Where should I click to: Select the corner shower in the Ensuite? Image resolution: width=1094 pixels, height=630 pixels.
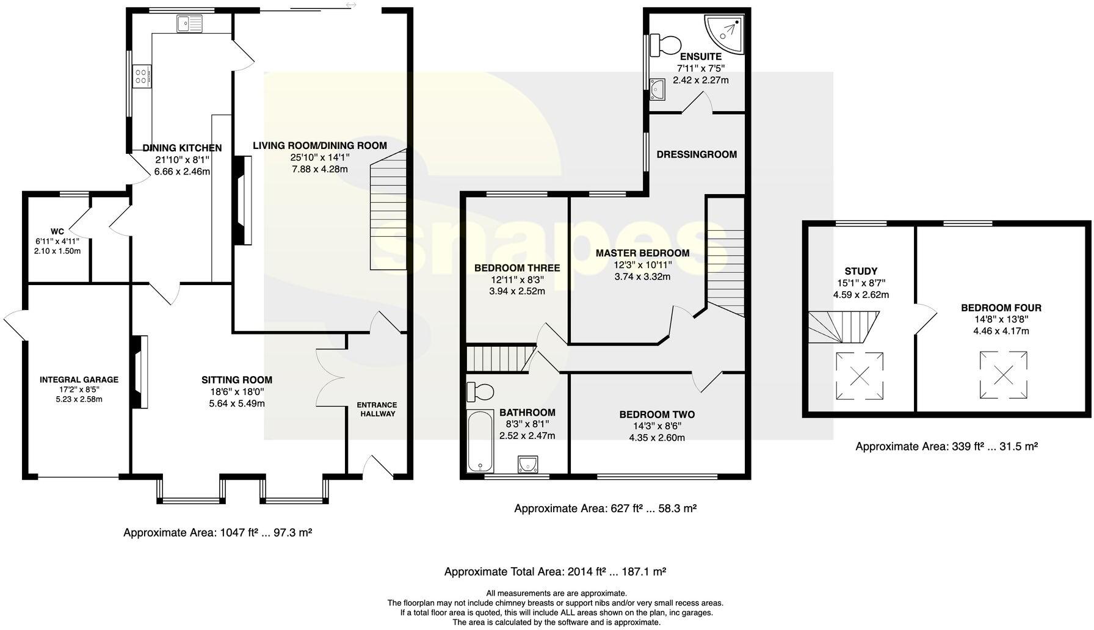pyautogui.click(x=728, y=34)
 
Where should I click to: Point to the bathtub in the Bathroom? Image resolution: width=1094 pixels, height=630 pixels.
pyautogui.click(x=480, y=441)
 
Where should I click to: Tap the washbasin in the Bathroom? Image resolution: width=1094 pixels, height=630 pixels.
pyautogui.click(x=527, y=465)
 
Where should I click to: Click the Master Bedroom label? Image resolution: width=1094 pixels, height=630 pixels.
pyautogui.click(x=642, y=253)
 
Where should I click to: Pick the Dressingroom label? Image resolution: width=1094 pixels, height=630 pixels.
pyautogui.click(x=697, y=154)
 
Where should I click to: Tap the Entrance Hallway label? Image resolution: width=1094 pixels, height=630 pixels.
pyautogui.click(x=377, y=409)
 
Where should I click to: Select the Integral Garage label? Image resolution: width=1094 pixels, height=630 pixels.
pyautogui.click(x=79, y=380)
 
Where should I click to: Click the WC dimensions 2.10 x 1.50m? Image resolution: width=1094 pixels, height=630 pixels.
pyautogui.click(x=57, y=251)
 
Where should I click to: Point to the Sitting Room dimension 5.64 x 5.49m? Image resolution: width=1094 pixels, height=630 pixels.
pyautogui.click(x=237, y=403)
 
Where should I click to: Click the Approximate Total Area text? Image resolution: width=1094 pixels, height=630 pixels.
pyautogui.click(x=554, y=572)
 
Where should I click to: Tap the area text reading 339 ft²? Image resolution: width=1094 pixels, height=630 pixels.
pyautogui.click(x=946, y=446)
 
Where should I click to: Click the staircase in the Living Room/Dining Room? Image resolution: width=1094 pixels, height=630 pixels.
pyautogui.click(x=388, y=214)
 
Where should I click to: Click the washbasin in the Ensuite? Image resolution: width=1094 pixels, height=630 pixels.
pyautogui.click(x=657, y=89)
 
